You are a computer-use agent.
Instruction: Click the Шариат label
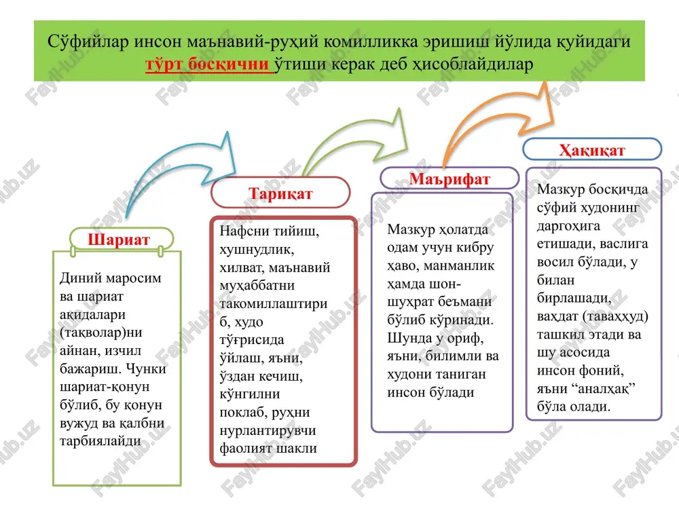pyautogui.click(x=119, y=240)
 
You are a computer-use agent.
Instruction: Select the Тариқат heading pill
pyautogui.click(x=280, y=193)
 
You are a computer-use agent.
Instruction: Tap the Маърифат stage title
pyautogui.click(x=449, y=178)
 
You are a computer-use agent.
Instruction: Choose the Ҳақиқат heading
pyautogui.click(x=592, y=150)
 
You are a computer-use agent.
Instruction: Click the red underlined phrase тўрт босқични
pyautogui.click(x=207, y=64)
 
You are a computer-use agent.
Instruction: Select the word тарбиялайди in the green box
pyautogui.click(x=100, y=441)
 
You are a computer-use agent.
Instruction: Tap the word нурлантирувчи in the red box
pyautogui.click(x=268, y=431)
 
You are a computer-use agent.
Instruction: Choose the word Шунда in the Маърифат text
pyautogui.click(x=408, y=338)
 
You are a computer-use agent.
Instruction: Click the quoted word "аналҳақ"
pyautogui.click(x=603, y=388)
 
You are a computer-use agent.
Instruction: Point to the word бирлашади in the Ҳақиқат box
pyautogui.click(x=574, y=298)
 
